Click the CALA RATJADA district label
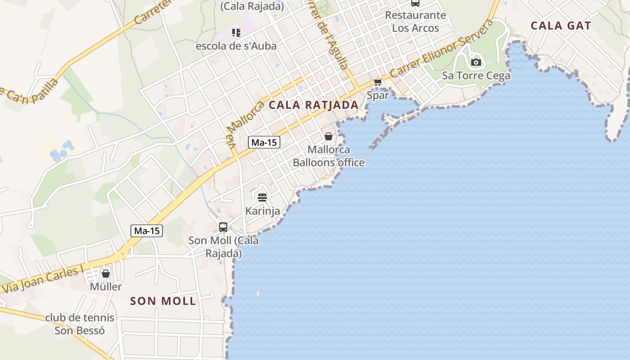[313, 105]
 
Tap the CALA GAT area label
[560, 26]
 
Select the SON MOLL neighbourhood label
[163, 301]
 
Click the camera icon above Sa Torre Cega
[476, 62]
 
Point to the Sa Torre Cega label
[476, 75]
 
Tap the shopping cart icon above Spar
[378, 82]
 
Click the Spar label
[378, 95]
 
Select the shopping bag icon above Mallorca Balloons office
[328, 136]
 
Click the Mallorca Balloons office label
[328, 156]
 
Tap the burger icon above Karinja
[262, 197]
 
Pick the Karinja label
[262, 211]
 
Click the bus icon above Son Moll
[223, 227]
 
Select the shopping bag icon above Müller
[106, 274]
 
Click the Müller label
[106, 287]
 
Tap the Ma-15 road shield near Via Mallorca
[264, 143]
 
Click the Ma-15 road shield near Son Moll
[147, 231]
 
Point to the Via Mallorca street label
[245, 126]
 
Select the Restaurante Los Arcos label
[415, 22]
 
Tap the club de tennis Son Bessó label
[80, 324]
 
